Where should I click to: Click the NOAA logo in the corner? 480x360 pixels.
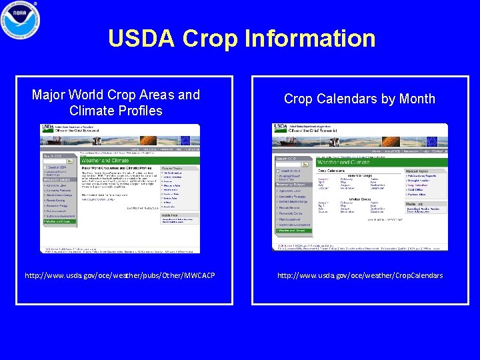(20, 20)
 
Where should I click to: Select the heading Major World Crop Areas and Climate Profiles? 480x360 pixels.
(116, 103)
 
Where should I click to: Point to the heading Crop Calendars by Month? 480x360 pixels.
(359, 99)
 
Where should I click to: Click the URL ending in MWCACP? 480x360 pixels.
(120, 275)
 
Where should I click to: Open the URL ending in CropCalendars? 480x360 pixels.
(361, 275)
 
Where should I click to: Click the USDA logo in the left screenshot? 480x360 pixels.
(48, 127)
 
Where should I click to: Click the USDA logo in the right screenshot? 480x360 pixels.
(280, 127)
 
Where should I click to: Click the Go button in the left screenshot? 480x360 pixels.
(69, 161)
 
